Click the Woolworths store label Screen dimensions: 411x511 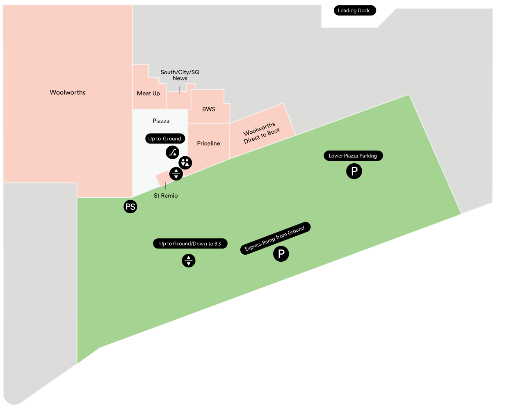pyautogui.click(x=68, y=92)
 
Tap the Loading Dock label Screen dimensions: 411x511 pyautogui.click(x=354, y=11)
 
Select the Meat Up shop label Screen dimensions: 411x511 pyautogui.click(x=148, y=94)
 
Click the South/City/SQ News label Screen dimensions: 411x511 pyautogui.click(x=180, y=75)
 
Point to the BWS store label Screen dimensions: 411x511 pyautogui.click(x=209, y=109)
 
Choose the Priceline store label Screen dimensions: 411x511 pyautogui.click(x=208, y=144)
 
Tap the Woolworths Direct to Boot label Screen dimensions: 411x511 pyautogui.click(x=261, y=132)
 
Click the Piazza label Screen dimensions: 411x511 pyautogui.click(x=161, y=121)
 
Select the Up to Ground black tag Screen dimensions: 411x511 pyautogui.click(x=165, y=139)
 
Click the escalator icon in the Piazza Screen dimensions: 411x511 pyautogui.click(x=173, y=153)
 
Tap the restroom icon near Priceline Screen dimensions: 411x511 pyautogui.click(x=185, y=163)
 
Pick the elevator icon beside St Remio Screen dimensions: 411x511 pyautogui.click(x=176, y=174)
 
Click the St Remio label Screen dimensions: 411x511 pyautogui.click(x=166, y=196)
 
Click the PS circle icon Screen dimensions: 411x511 pyautogui.click(x=130, y=207)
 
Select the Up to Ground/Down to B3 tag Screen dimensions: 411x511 pyautogui.click(x=190, y=244)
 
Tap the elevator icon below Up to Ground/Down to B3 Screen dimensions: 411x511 pyautogui.click(x=189, y=260)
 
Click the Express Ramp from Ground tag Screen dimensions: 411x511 pyautogui.click(x=275, y=238)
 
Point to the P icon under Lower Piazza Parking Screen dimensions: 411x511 pyautogui.click(x=354, y=171)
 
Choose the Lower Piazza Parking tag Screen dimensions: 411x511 pyautogui.click(x=353, y=156)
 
